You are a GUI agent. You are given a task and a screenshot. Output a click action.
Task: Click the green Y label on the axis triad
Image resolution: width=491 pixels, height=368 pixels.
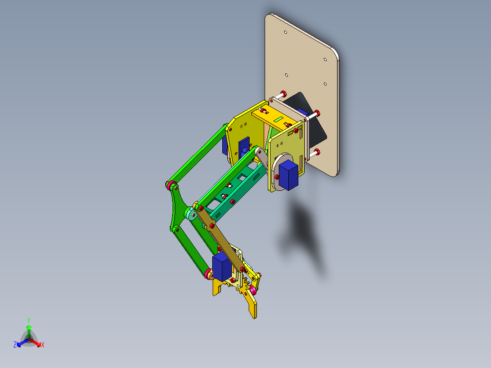(29, 320)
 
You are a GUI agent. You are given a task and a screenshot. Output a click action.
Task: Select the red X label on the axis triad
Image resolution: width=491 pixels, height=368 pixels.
(43, 345)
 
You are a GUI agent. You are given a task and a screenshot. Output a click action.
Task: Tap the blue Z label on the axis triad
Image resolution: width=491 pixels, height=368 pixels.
(15, 345)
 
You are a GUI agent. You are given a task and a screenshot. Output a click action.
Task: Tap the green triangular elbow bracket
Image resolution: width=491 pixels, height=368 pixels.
(176, 210)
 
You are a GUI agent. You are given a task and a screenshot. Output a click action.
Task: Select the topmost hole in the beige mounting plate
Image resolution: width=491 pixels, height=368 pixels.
(285, 33)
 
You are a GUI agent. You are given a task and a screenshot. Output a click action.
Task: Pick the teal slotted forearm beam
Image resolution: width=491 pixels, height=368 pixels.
(239, 191)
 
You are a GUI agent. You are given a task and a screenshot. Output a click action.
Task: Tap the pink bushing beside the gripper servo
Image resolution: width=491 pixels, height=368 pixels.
(208, 274)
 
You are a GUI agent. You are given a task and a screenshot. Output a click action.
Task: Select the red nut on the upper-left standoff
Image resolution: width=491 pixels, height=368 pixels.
(283, 93)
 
